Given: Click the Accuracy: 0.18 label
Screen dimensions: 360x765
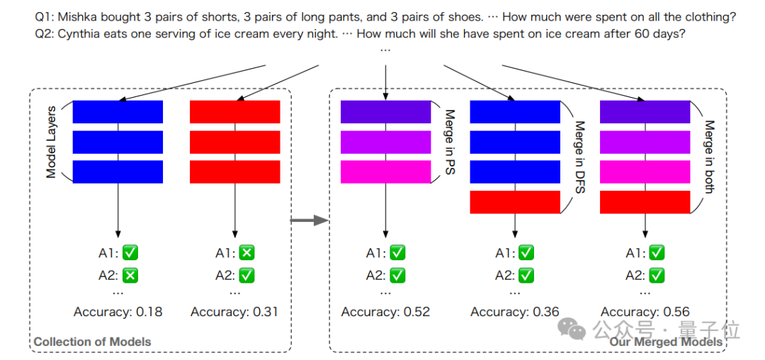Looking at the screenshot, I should [x=118, y=312].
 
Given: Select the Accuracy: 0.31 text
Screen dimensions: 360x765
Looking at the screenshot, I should [x=235, y=312].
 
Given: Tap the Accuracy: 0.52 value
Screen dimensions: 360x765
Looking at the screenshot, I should [x=385, y=312].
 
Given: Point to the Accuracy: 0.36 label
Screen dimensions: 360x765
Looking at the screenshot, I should [x=515, y=312].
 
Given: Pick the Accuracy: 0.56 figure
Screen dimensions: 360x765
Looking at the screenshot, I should [x=645, y=312].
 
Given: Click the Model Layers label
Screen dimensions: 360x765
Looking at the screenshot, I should [x=51, y=142].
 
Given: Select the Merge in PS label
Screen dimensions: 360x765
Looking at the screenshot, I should [x=448, y=142].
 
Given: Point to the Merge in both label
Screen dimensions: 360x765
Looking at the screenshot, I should [x=708, y=157].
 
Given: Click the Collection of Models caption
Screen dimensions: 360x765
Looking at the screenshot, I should [x=92, y=342].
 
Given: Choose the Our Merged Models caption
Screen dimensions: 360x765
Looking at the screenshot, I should [x=666, y=342].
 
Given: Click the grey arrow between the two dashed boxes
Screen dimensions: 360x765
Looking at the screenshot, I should [x=310, y=221].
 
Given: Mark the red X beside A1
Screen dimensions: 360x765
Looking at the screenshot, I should [x=246, y=252].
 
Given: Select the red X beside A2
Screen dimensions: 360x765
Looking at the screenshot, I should [x=130, y=276].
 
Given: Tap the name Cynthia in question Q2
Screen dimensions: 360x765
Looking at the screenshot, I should [x=82, y=33].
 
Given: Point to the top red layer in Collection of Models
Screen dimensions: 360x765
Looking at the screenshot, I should [x=235, y=111].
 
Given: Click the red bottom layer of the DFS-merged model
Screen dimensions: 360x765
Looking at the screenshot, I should [x=515, y=202].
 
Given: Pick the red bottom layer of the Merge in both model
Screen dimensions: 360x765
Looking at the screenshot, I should [x=645, y=202].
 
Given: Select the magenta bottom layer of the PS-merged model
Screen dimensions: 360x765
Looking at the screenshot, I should [x=385, y=172].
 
